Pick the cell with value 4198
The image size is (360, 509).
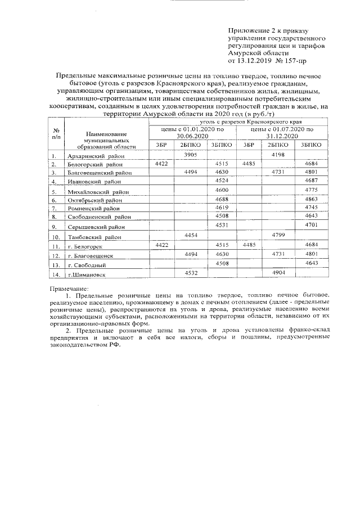click(280, 154)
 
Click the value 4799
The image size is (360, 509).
click(280, 235)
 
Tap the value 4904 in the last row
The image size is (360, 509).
click(280, 272)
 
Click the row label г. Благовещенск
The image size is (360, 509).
click(90, 256)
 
